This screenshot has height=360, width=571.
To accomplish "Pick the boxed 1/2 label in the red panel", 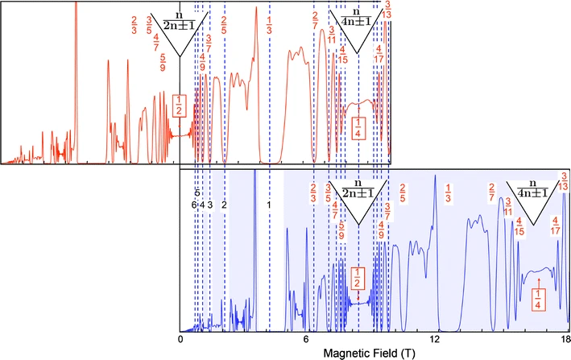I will tap(180, 105).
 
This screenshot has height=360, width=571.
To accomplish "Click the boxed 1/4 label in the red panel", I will tap(358, 127).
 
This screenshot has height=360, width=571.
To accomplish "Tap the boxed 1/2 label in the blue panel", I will tap(358, 278).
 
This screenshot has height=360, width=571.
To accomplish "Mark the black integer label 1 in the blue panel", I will tap(269, 205).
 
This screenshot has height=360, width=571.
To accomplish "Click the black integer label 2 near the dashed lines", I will tap(223, 205).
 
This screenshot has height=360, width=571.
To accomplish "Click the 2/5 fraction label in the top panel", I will tap(223, 25).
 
